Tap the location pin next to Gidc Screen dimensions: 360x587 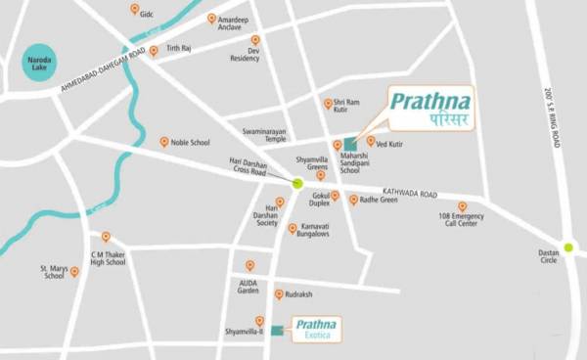[x=134, y=10]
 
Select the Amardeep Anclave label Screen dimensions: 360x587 [x=239, y=24]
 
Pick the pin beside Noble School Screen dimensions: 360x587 [x=164, y=141]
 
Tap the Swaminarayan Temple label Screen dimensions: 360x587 [x=264, y=134]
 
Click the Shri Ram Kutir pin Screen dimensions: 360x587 [x=329, y=104]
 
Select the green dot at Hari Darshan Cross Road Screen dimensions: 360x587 [x=297, y=183]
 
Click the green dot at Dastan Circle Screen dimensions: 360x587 [x=566, y=247]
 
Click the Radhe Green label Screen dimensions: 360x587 [x=379, y=200]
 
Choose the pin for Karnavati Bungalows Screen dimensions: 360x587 [x=293, y=229]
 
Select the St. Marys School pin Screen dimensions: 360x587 [x=74, y=271]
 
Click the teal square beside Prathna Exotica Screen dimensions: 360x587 [x=277, y=330]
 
